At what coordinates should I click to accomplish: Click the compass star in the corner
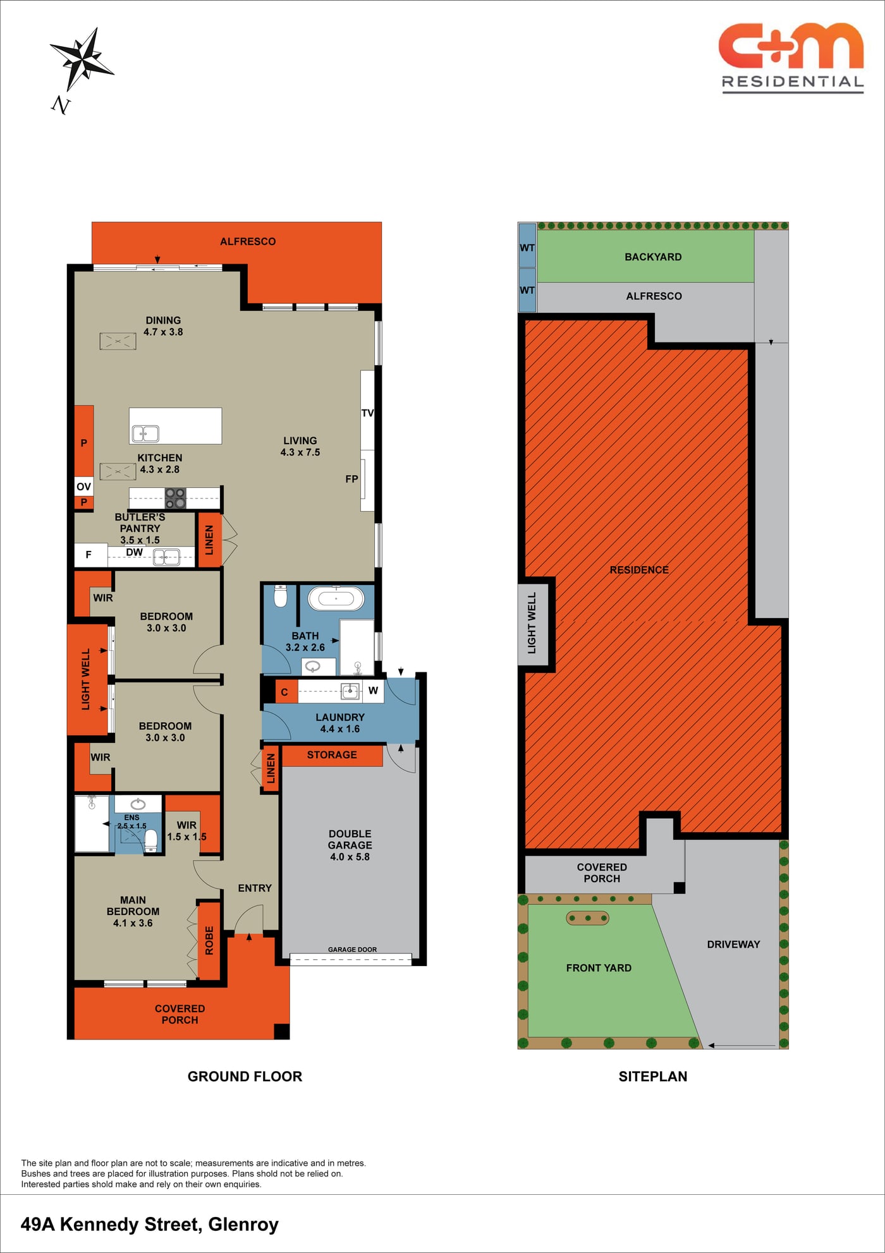coord(82,59)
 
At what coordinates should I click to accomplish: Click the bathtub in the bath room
coord(336,598)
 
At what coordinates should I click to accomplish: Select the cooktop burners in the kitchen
coord(175,498)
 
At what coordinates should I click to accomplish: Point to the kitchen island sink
coord(145,433)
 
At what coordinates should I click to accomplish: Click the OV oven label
coord(83,487)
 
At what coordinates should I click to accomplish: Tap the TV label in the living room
coord(367,413)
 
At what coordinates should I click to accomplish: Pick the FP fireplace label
coord(351,479)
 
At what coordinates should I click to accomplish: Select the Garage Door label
coord(352,949)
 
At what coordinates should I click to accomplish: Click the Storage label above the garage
coord(332,755)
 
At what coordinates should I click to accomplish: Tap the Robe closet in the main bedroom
coord(209,941)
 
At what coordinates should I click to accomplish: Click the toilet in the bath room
coord(281,596)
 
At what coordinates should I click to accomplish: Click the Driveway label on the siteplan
coord(733,944)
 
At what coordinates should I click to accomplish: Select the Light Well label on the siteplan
coord(532,623)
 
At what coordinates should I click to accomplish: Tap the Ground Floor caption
coord(245,1077)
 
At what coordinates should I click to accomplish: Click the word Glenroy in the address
coord(243,1225)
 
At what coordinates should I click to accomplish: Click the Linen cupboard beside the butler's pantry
coord(209,540)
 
